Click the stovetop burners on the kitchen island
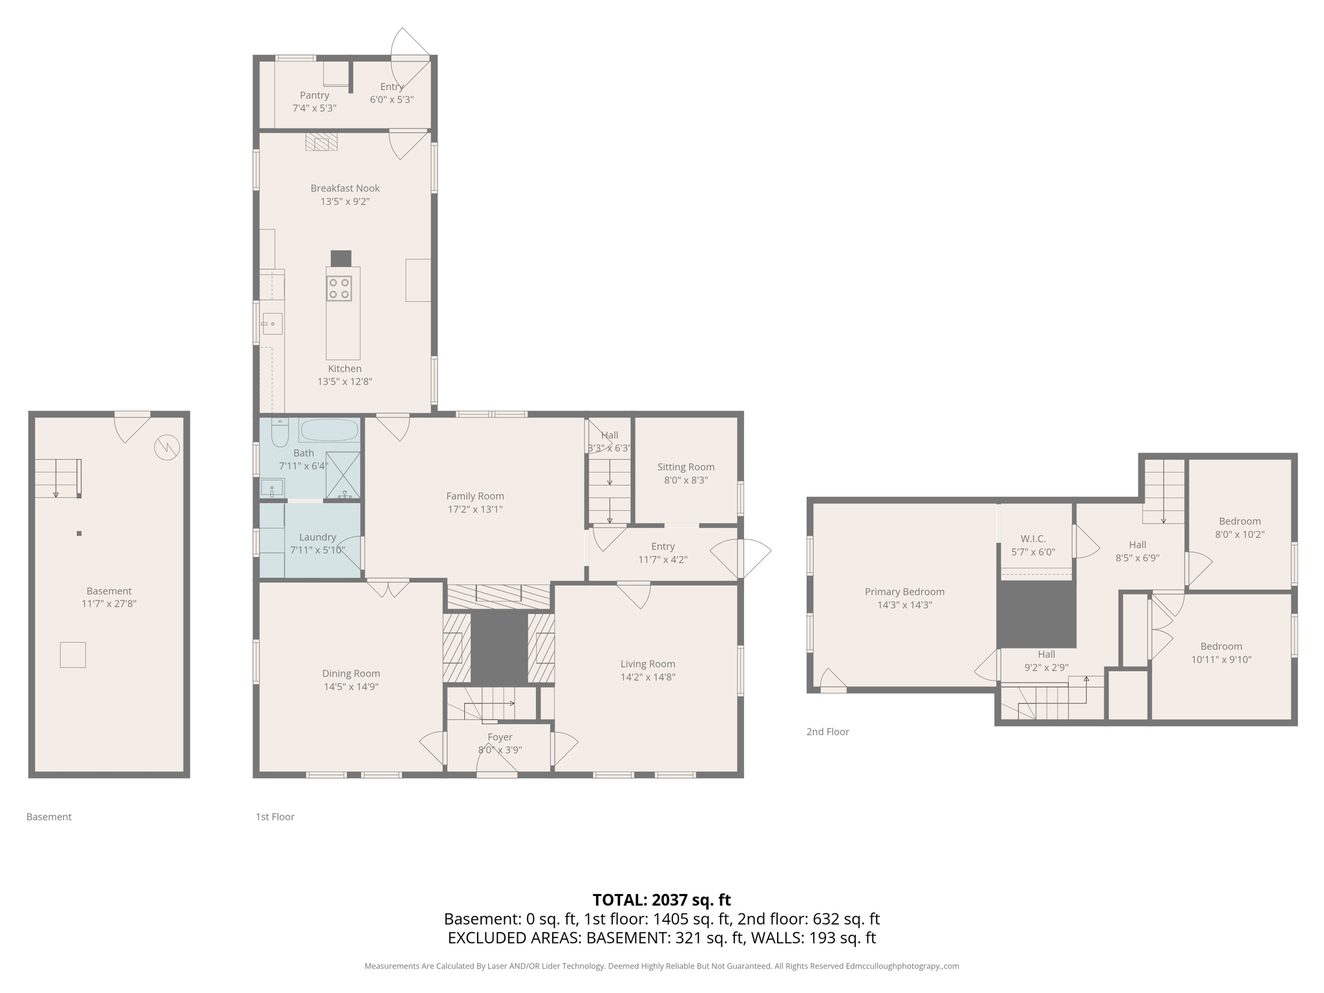(339, 288)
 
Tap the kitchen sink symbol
(272, 323)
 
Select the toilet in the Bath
(279, 432)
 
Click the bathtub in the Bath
(329, 430)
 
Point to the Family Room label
(475, 496)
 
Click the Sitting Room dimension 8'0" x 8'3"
(686, 480)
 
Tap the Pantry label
(314, 95)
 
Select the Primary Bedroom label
(904, 592)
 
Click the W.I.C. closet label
(1032, 539)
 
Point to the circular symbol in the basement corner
(167, 447)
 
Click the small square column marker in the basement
(79, 533)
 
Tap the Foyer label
(500, 737)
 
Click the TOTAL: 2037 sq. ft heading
(661, 899)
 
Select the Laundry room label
(317, 537)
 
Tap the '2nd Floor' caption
(827, 731)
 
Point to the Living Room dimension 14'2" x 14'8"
(648, 677)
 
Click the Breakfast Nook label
(345, 188)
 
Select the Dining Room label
(351, 673)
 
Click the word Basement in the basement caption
(48, 817)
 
